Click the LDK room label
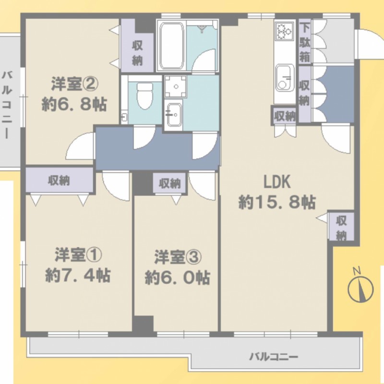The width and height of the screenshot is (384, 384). [277, 182]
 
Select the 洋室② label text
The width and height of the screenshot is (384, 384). [75, 84]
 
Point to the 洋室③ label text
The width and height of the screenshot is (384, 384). [178, 257]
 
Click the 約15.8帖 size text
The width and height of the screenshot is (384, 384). [277, 202]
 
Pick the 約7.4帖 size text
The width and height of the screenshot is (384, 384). [78, 276]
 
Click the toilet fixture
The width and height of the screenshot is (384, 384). [144, 96]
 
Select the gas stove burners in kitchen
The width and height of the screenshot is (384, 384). [284, 30]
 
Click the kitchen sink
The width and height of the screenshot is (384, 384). [285, 77]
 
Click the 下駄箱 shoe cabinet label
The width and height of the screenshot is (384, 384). [305, 42]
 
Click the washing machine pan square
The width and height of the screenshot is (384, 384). [176, 86]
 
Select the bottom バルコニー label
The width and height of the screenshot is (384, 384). [274, 357]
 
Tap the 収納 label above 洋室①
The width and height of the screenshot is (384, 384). [59, 180]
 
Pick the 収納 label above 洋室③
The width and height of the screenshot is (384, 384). [170, 183]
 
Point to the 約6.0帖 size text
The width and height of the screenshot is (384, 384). [178, 278]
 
